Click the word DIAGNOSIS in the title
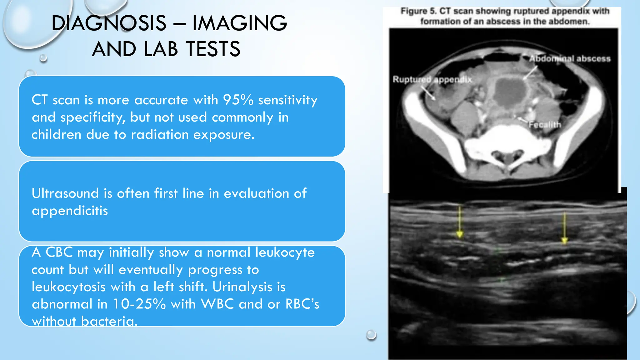click(109, 23)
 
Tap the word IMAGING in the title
click(239, 23)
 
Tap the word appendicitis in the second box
click(70, 211)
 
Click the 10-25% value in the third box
click(139, 304)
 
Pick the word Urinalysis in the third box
click(242, 287)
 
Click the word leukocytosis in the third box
click(68, 287)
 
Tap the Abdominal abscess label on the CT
click(570, 59)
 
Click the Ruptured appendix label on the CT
click(432, 80)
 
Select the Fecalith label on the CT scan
click(545, 125)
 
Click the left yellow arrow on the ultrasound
click(459, 222)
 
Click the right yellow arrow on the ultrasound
click(564, 228)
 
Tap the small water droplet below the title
click(43, 58)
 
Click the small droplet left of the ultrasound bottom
click(371, 334)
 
